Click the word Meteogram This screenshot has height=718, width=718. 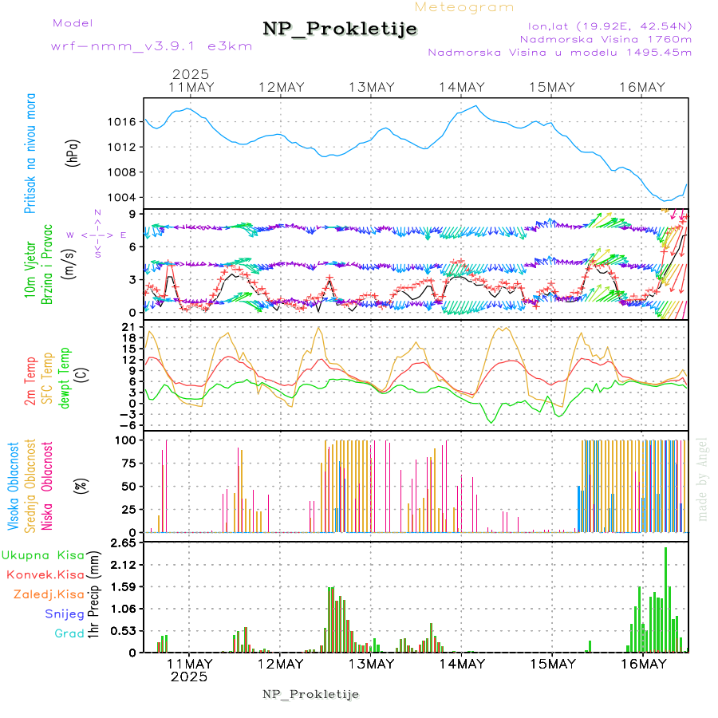click(x=465, y=7)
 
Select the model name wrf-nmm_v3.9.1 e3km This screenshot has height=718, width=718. click(x=152, y=46)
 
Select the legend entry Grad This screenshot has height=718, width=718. click(x=69, y=634)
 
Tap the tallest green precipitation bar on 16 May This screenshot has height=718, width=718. click(x=665, y=598)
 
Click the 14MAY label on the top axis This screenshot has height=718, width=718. click(x=462, y=87)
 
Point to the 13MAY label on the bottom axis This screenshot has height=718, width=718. click(x=371, y=664)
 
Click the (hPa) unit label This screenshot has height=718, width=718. click(x=73, y=152)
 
